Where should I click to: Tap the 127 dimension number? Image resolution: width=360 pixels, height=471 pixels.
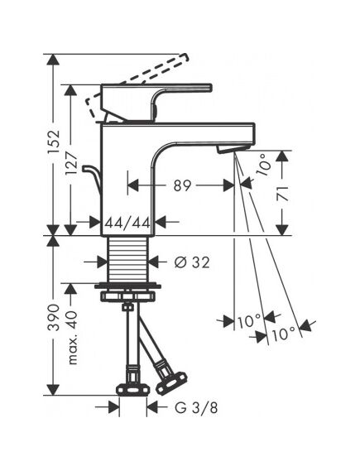point(71,163)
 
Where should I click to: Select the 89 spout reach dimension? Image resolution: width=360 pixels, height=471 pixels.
point(182,185)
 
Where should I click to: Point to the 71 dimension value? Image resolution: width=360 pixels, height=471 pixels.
point(282,194)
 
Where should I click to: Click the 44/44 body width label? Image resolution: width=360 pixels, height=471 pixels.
point(127,223)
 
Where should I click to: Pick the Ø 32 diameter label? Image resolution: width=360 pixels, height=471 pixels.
point(192,263)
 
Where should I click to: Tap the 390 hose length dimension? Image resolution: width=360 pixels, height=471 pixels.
point(54,317)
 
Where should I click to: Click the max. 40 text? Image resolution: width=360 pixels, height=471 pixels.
point(71,338)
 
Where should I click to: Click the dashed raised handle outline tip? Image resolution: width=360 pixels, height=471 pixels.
point(184,57)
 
